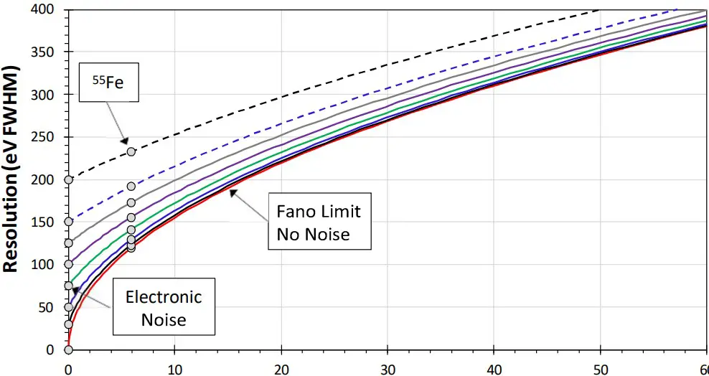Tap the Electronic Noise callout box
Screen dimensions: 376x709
click(x=163, y=307)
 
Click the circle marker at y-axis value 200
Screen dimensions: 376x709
click(x=68, y=179)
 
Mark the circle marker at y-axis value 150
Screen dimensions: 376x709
click(x=68, y=222)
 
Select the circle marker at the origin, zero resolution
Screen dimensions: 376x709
click(x=68, y=349)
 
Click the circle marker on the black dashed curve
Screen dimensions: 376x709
click(x=131, y=151)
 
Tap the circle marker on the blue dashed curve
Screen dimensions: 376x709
click(x=131, y=187)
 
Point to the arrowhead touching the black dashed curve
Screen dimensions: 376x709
click(x=124, y=141)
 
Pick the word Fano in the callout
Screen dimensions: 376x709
click(x=294, y=212)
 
